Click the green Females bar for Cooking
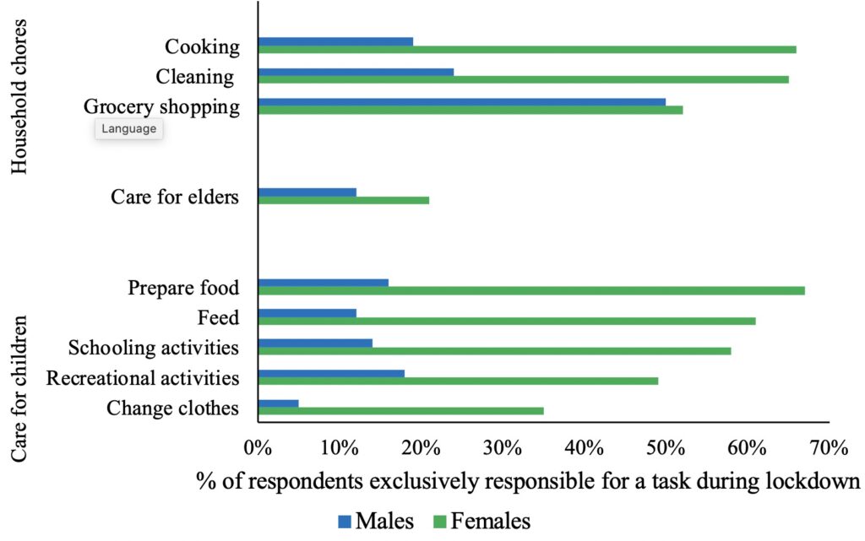tap(526, 50)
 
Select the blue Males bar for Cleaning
tap(356, 72)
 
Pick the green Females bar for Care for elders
tap(343, 200)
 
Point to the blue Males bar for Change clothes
tap(278, 403)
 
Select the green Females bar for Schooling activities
tap(494, 351)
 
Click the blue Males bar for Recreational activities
tap(331, 373)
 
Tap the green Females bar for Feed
tap(506, 321)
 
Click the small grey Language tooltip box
tap(128, 129)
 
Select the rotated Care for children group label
tap(20, 389)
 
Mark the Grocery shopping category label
tap(161, 107)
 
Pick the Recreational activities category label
tap(143, 378)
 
